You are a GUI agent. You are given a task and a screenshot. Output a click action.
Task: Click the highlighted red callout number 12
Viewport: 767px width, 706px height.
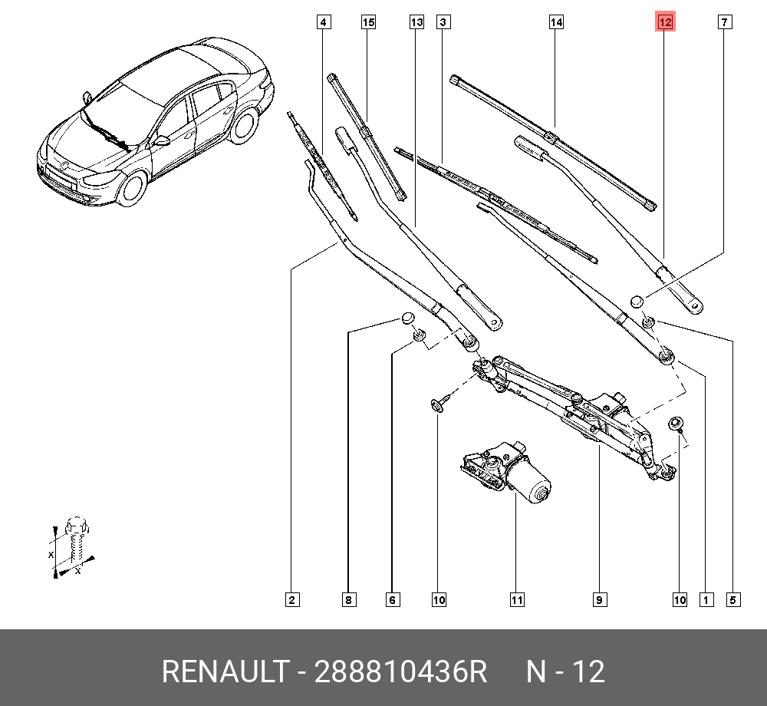[664, 23]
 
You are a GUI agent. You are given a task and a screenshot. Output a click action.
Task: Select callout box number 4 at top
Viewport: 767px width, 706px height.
[324, 23]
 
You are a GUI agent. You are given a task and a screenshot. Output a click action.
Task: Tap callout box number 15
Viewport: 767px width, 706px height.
[369, 23]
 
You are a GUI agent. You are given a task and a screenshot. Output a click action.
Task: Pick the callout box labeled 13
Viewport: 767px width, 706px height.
[416, 23]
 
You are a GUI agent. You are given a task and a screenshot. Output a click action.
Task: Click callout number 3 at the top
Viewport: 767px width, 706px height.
[443, 23]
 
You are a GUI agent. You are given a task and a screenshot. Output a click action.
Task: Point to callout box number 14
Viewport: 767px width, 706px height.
[556, 23]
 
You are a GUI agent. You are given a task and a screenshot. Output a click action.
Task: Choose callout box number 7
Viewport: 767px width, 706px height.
[723, 23]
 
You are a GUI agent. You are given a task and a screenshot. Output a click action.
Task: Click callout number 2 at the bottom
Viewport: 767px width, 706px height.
[291, 600]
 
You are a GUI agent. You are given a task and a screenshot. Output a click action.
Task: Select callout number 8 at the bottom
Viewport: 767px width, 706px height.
[348, 600]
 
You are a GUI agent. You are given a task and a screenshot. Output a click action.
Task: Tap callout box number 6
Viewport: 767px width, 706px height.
[393, 600]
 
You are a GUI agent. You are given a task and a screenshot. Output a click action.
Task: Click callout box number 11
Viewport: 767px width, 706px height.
[517, 600]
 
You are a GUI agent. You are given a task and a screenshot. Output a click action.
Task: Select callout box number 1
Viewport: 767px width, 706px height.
[706, 600]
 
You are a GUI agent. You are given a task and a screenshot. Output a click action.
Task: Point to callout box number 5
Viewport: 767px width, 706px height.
[734, 600]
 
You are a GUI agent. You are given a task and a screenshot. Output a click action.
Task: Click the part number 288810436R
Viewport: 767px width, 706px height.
[400, 672]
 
